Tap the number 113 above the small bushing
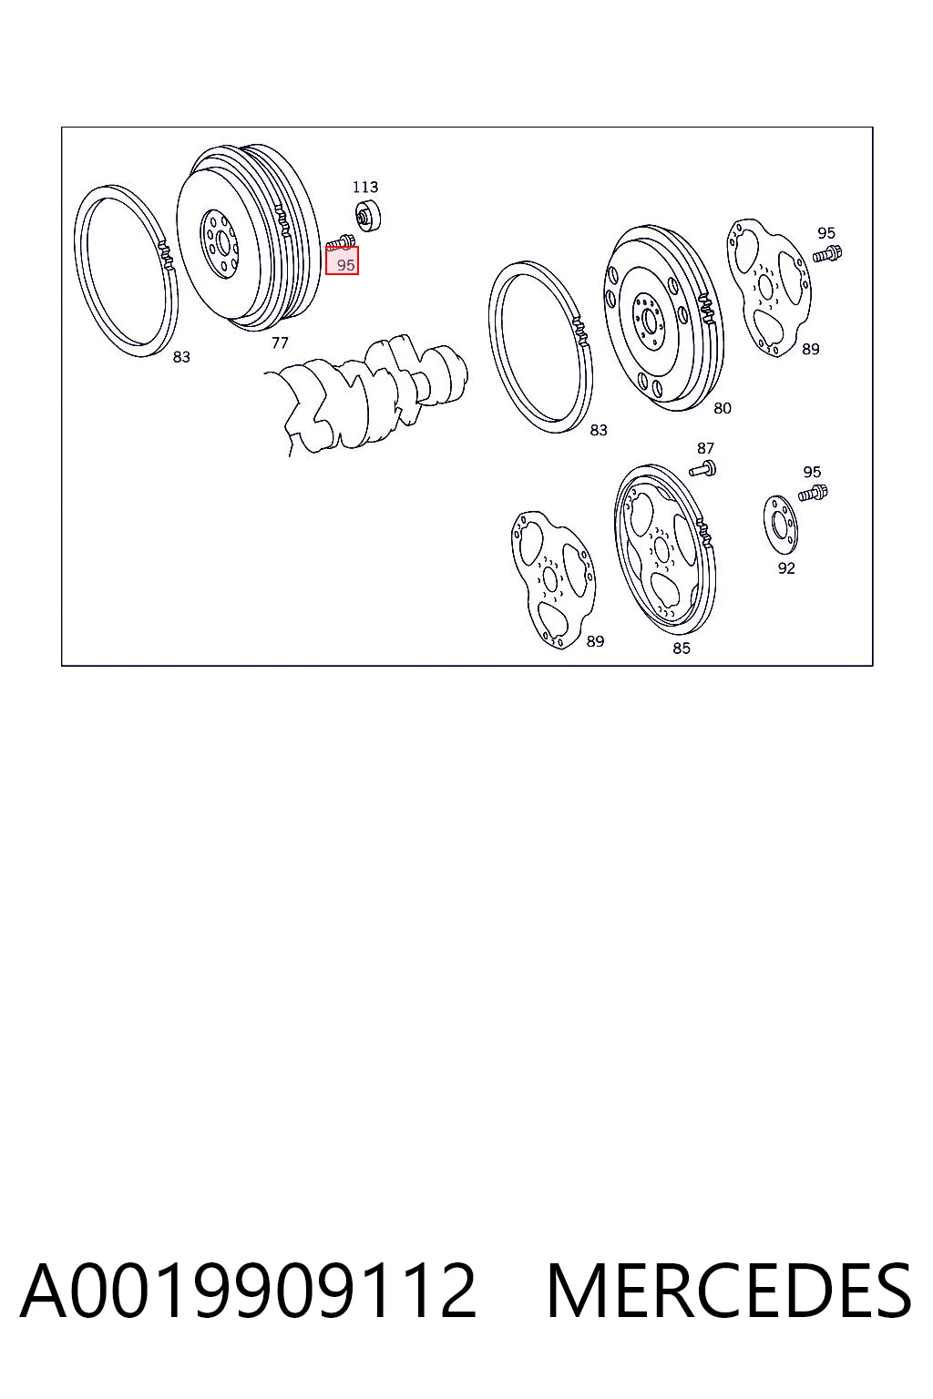[x=365, y=187]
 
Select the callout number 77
[x=280, y=342]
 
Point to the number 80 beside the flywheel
[x=722, y=408]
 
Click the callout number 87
[x=705, y=448]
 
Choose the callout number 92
[x=785, y=567]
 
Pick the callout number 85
[x=682, y=648]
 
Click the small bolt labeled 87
[x=703, y=468]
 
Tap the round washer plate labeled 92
[x=781, y=524]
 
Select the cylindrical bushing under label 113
[x=368, y=216]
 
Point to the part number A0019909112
[x=248, y=1291]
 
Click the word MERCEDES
[x=729, y=1291]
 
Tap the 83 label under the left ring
[x=181, y=357]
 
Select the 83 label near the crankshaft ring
[x=598, y=430]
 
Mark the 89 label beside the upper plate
[x=810, y=349]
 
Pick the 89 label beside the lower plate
[x=595, y=641]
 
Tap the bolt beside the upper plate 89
[x=827, y=253]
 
